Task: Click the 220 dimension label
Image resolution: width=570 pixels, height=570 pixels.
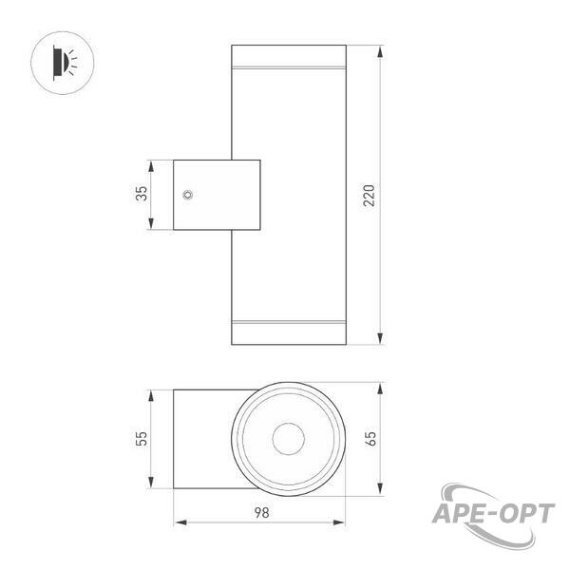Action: click(x=369, y=195)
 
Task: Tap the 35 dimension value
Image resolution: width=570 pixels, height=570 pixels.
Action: click(x=142, y=194)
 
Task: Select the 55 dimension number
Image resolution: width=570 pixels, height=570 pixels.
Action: click(x=142, y=438)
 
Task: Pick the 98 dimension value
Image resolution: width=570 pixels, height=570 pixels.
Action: click(x=262, y=513)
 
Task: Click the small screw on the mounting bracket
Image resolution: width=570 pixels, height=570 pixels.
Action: click(x=187, y=195)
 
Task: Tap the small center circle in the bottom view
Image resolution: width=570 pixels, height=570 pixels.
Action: click(x=289, y=439)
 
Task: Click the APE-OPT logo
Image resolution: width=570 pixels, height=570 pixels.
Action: click(x=493, y=515)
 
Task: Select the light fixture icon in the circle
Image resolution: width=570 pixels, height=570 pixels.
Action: click(x=65, y=63)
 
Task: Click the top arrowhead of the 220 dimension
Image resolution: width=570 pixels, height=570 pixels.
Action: click(x=380, y=51)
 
